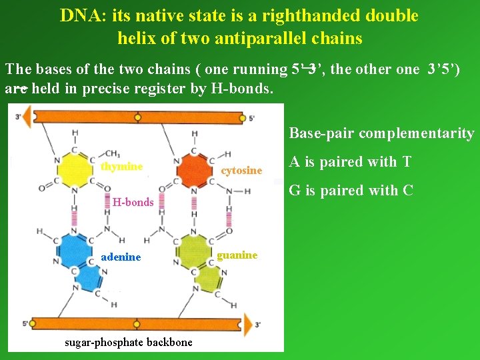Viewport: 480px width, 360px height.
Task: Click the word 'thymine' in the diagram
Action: (x=121, y=167)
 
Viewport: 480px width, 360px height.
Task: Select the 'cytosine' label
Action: (x=241, y=171)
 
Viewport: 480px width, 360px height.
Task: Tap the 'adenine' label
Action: (x=121, y=257)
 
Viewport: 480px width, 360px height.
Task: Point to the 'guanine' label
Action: (x=237, y=255)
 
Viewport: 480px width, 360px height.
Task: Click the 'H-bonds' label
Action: (x=133, y=202)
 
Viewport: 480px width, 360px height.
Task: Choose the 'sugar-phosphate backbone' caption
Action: (x=128, y=342)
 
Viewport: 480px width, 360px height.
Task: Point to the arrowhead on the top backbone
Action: (x=27, y=117)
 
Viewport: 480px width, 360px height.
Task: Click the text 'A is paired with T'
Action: (x=351, y=162)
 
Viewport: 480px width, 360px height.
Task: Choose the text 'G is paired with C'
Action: (x=351, y=191)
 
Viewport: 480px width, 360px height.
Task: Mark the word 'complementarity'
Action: (x=416, y=133)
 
